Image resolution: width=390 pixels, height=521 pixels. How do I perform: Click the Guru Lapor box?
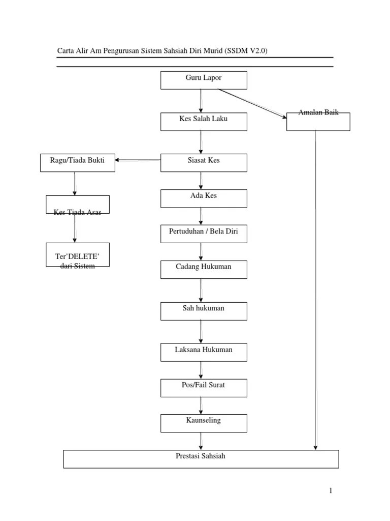204,80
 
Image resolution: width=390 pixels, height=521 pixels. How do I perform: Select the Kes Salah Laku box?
204,122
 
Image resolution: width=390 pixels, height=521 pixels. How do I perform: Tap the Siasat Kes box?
204,163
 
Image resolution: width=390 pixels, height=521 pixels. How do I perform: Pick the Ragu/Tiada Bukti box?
78,163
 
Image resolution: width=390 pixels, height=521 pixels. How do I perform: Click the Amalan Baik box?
318,122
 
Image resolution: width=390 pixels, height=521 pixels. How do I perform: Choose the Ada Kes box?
204,199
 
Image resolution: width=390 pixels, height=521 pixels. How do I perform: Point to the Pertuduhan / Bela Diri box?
204,234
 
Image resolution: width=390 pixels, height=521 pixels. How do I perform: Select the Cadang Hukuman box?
204,270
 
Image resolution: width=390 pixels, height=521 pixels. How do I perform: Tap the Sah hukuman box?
204,311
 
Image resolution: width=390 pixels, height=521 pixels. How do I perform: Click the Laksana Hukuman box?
204,352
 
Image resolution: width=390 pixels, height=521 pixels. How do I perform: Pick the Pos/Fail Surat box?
204,388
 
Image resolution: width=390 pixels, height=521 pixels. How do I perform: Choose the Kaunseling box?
204,423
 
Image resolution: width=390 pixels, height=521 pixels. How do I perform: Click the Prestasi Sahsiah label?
200,456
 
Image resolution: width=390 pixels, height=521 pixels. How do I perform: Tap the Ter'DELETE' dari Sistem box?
78,255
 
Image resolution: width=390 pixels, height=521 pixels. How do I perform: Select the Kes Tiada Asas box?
78,205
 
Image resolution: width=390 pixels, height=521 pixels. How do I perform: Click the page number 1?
331,490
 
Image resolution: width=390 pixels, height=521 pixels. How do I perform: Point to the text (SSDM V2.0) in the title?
246,51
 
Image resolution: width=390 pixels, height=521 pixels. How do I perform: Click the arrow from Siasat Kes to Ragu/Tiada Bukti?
138,160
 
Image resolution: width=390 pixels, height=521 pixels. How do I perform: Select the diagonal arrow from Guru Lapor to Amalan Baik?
252,103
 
